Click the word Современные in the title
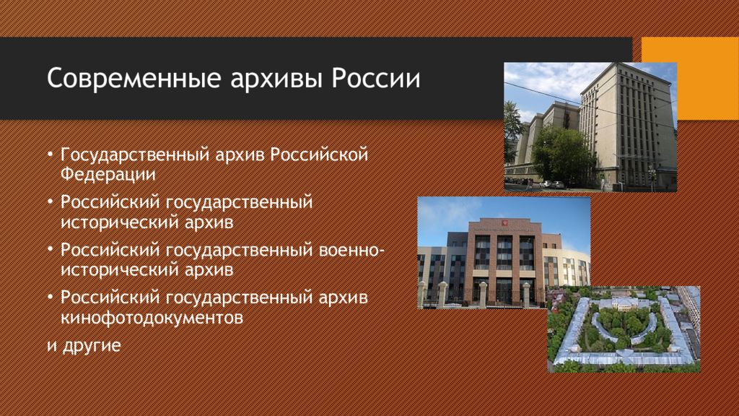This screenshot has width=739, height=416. coord(134,78)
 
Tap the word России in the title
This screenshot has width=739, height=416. coord(375,78)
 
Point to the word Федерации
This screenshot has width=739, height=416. coord(108,174)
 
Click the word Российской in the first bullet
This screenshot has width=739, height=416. coord(319,155)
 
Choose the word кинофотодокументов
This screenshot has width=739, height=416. coord(152,317)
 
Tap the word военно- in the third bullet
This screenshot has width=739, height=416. coord(351,250)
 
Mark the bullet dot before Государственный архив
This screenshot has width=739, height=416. coord(51,155)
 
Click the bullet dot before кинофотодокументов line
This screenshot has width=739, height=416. coord(51,298)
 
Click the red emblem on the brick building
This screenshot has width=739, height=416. coord(504,222)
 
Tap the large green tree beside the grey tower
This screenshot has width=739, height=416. coord(562,153)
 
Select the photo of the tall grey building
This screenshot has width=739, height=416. coord(590,127)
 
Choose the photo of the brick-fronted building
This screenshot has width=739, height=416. coord(504,253)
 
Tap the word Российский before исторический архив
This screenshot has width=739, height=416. coord(110,202)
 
